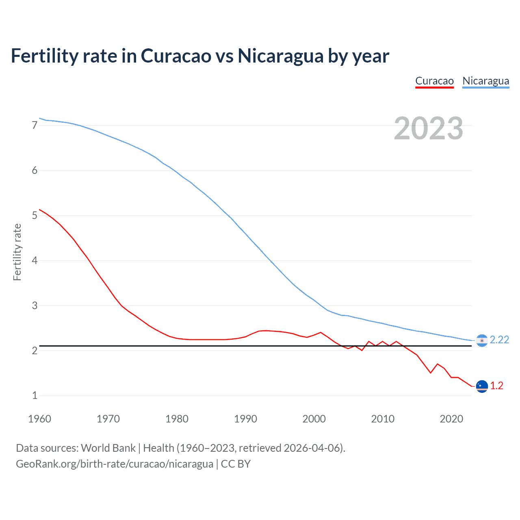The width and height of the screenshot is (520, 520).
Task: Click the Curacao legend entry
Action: (434, 81)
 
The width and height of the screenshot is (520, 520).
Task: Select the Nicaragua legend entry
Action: (485, 81)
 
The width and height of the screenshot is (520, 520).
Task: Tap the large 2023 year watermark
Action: (428, 128)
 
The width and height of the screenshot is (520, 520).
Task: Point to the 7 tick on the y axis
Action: (35, 126)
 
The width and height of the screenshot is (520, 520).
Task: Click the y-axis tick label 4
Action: (35, 260)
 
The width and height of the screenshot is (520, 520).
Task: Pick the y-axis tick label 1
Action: (35, 395)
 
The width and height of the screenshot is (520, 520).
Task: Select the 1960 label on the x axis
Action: (39, 419)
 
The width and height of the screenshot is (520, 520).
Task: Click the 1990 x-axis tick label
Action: (245, 419)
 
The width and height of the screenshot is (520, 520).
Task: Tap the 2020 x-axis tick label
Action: (451, 419)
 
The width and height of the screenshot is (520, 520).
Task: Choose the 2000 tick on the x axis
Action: (314, 419)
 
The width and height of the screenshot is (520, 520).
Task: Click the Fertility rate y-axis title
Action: (17, 252)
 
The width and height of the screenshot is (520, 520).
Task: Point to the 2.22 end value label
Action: (499, 340)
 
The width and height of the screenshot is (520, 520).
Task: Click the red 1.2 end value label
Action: (496, 386)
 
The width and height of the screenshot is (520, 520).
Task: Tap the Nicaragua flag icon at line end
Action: (482, 340)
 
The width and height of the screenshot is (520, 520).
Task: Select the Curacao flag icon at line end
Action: (482, 386)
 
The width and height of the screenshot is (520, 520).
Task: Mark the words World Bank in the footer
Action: (108, 448)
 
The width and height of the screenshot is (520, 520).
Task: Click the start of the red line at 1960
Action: (40, 210)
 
